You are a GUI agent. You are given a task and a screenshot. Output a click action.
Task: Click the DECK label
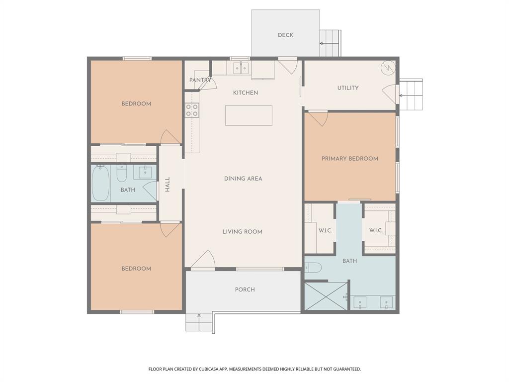pyautogui.click(x=285, y=35)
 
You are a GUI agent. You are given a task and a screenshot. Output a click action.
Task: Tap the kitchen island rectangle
pyautogui.click(x=249, y=115)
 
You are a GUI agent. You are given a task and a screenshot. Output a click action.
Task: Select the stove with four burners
pyautogui.click(x=192, y=110)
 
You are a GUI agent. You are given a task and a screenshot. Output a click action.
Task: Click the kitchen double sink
pyautogui.click(x=241, y=67)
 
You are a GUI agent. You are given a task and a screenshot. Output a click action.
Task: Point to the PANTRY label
pyautogui.click(x=200, y=80)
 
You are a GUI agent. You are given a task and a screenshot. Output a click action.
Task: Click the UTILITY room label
pyautogui.click(x=348, y=88)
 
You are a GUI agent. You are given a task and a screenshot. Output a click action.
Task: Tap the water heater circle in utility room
pyautogui.click(x=388, y=67)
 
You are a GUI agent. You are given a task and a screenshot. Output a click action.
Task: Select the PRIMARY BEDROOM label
pyautogui.click(x=349, y=159)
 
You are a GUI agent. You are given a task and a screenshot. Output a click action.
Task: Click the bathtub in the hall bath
pyautogui.click(x=100, y=183)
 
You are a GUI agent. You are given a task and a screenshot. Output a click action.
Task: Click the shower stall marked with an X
pyautogui.click(x=326, y=296)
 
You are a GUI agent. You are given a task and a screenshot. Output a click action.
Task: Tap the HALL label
pyautogui.click(x=168, y=185)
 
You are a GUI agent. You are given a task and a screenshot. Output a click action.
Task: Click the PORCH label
pyautogui.click(x=245, y=289)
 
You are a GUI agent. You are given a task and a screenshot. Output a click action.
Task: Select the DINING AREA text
pyautogui.click(x=243, y=179)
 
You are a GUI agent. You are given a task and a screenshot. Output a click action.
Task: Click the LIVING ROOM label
pyautogui.click(x=242, y=232)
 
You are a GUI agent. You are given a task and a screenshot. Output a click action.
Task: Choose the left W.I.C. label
pyautogui.click(x=325, y=230)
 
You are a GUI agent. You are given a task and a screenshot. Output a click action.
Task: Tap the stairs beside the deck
pyautogui.click(x=330, y=43)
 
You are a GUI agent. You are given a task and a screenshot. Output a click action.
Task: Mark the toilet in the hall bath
pyautogui.click(x=122, y=174)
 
